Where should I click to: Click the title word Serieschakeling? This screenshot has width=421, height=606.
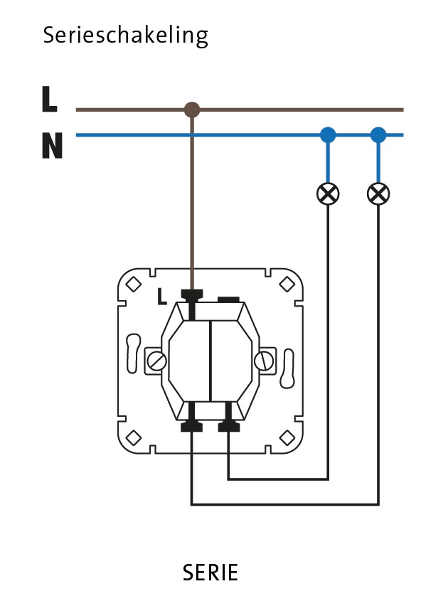click(126, 36)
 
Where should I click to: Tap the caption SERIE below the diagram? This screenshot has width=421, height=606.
click(210, 573)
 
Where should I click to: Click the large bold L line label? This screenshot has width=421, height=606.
click(50, 100)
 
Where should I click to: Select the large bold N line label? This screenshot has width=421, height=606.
click(52, 145)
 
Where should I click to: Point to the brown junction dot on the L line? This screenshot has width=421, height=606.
click(192, 110)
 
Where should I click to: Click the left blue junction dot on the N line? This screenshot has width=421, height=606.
click(328, 135)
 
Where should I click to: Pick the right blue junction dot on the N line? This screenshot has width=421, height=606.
click(378, 135)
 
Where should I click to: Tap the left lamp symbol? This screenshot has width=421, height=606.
click(328, 193)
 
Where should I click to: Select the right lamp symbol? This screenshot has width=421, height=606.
click(378, 193)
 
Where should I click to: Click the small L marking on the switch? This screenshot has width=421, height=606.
click(162, 297)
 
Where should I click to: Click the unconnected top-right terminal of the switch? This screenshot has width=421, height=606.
click(229, 299)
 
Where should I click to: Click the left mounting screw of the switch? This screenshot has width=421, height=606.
click(156, 361)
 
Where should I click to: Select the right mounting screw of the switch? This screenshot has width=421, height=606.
click(264, 361)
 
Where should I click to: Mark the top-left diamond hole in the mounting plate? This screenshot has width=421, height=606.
click(134, 285)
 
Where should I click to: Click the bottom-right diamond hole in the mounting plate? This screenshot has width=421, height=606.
click(287, 437)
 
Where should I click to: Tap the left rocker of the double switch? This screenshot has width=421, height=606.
click(190, 361)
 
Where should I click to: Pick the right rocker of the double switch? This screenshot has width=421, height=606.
click(231, 361)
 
